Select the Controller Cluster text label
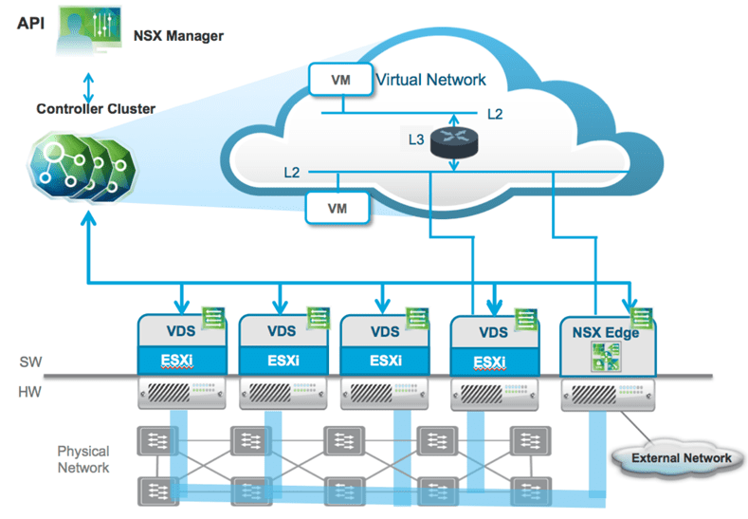tap(96, 108)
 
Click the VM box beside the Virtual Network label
tap(338, 81)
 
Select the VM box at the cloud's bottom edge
tap(335, 206)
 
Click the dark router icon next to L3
tap(452, 141)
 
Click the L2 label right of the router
tap(495, 115)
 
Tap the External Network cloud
tap(681, 457)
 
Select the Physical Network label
tap(83, 459)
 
